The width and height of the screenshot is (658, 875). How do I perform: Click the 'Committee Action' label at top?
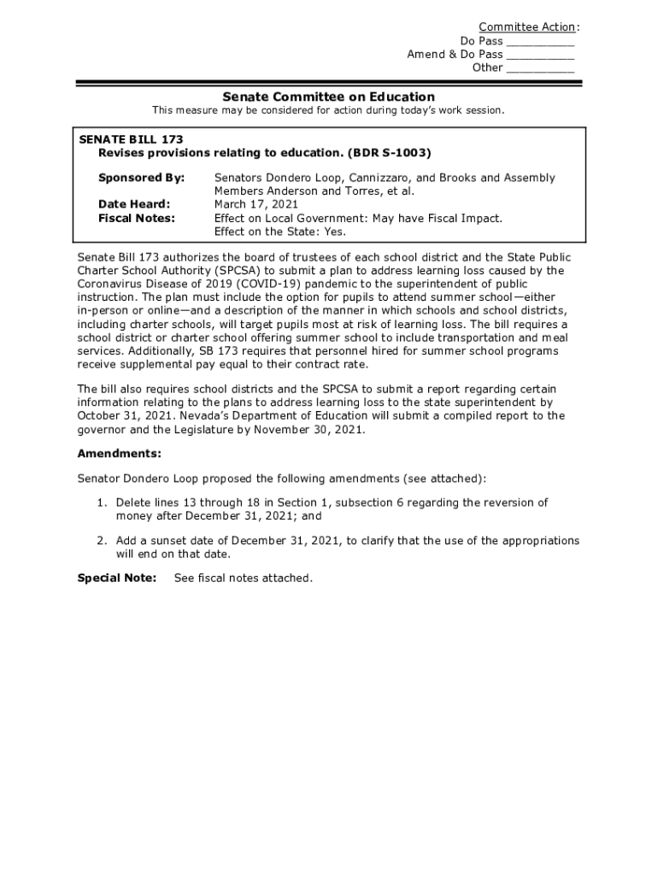point(526,27)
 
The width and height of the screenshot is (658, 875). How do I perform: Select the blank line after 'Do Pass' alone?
point(540,41)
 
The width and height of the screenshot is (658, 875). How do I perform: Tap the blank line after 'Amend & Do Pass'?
point(540,55)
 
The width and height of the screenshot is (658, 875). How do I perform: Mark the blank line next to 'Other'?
point(540,68)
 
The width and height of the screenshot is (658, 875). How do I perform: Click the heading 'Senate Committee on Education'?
point(329,97)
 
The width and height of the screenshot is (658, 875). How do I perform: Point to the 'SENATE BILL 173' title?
point(131,139)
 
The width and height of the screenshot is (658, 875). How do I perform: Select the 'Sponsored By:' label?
point(141,178)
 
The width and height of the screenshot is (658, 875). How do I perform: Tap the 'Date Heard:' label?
point(134,204)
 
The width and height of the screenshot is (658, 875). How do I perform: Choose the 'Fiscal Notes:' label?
point(137,218)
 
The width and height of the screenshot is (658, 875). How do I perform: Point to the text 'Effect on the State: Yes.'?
point(280,232)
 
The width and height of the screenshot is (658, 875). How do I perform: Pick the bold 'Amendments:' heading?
point(119,454)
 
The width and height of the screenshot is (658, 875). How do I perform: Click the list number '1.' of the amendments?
point(101,502)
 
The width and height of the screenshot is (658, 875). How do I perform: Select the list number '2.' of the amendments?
point(101,541)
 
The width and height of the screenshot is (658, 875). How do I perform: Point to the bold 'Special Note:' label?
point(117,578)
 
